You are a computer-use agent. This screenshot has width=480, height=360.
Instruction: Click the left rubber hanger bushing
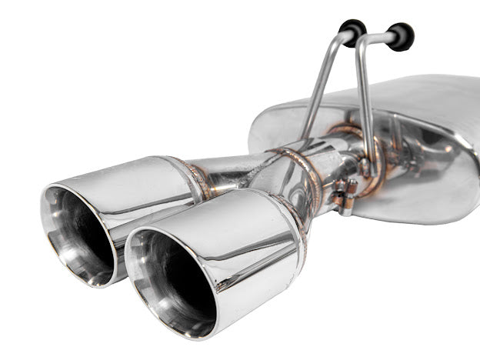353,31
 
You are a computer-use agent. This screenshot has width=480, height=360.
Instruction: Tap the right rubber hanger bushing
400,36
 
